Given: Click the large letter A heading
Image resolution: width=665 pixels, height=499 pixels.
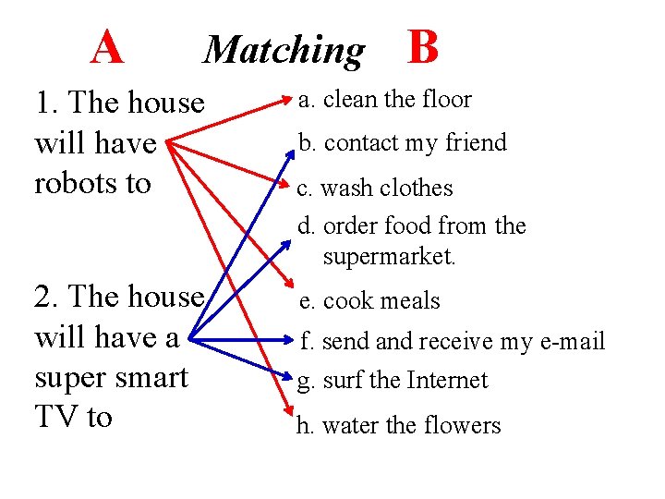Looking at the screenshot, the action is coord(107,46).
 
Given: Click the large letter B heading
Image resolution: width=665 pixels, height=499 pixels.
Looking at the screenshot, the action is coord(422,46).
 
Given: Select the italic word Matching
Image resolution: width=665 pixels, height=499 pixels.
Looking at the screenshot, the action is coord(284,49).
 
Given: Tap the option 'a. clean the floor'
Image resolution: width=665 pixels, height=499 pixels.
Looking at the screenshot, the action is coord(384,100).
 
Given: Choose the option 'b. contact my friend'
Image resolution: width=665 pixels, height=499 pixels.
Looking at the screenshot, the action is coord(402,143).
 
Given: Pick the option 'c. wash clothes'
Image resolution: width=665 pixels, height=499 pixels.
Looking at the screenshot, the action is coord(374,189).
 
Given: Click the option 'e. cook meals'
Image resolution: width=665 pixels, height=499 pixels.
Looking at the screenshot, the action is coord(370,301).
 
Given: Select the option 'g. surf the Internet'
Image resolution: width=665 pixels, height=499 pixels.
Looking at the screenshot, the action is coord(393,381).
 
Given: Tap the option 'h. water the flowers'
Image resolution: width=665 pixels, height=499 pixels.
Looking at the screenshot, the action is coord(398,426).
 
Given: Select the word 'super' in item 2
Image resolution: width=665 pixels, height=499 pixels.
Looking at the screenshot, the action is coord(66,378).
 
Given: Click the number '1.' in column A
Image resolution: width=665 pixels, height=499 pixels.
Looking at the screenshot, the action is coord(46,103).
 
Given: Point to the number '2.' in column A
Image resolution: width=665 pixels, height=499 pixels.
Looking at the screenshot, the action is coord(46,297).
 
